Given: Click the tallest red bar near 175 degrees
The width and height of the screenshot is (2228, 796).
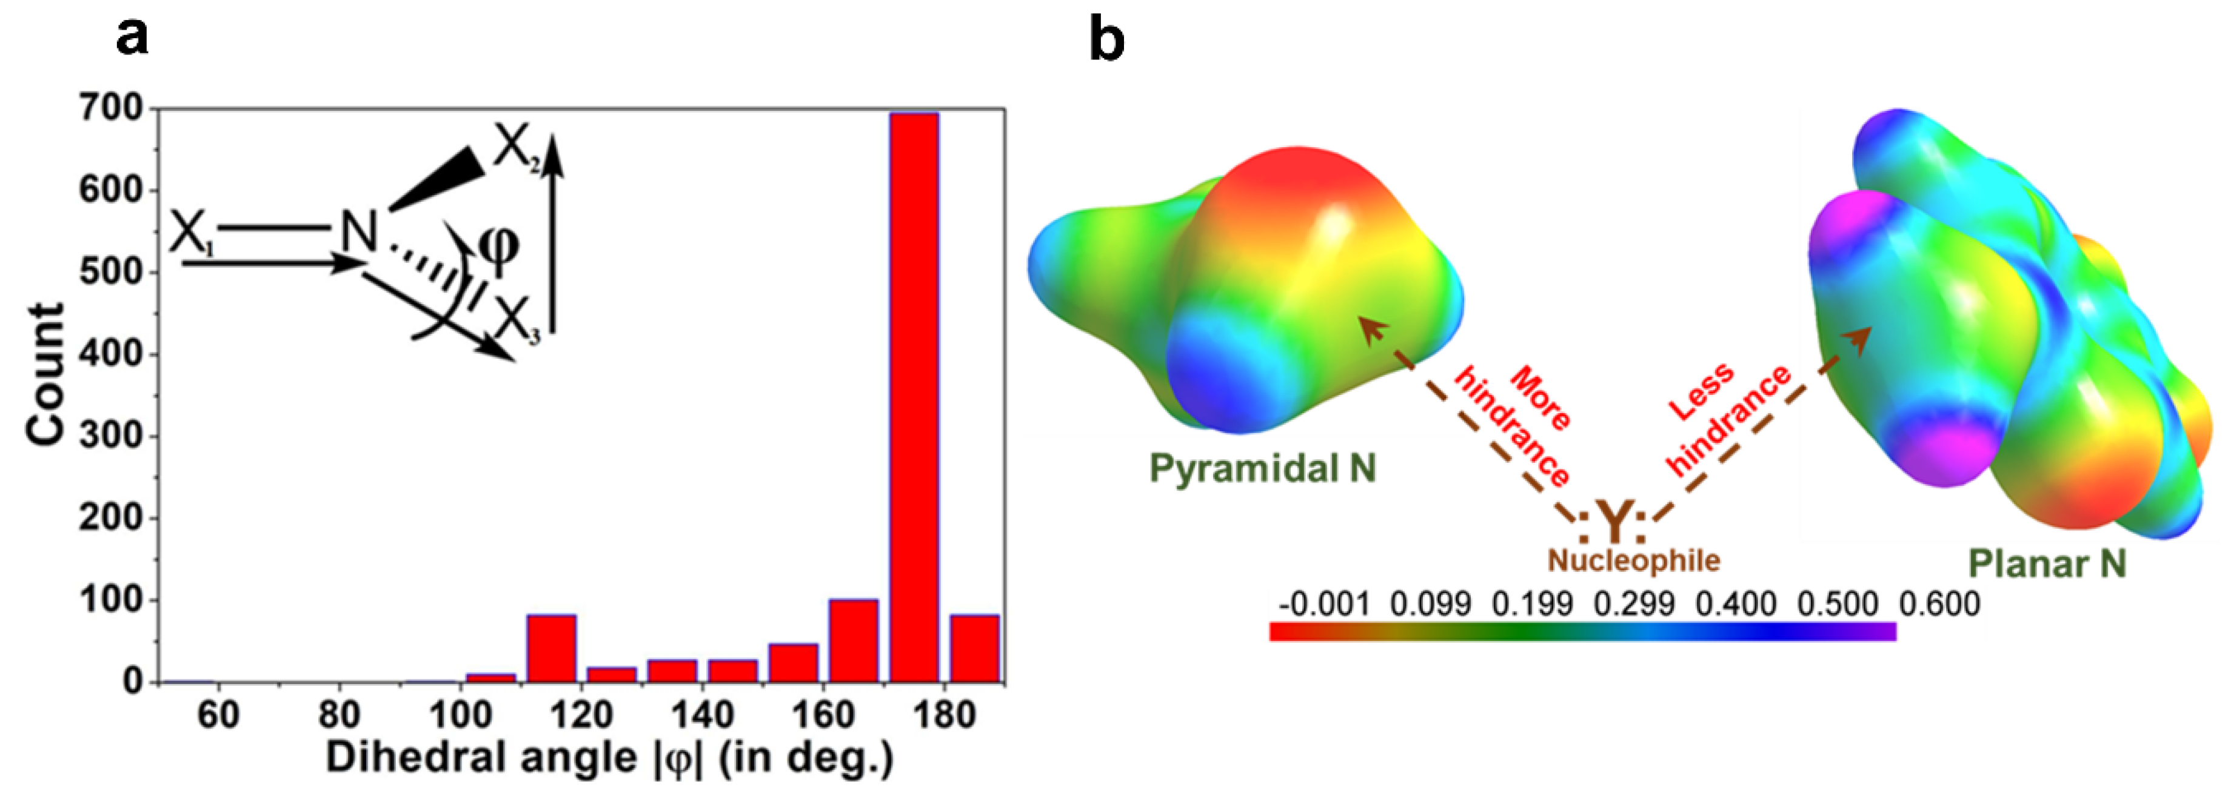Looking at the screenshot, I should [914, 397].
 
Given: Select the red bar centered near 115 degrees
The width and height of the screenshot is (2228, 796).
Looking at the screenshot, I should [552, 648].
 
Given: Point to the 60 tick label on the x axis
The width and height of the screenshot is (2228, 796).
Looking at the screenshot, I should [218, 715].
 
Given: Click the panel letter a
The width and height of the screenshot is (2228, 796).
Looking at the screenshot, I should [132, 38].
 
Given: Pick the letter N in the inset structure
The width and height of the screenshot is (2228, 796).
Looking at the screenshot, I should [357, 231].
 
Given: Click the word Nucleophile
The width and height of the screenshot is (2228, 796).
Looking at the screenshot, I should [1633, 560].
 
